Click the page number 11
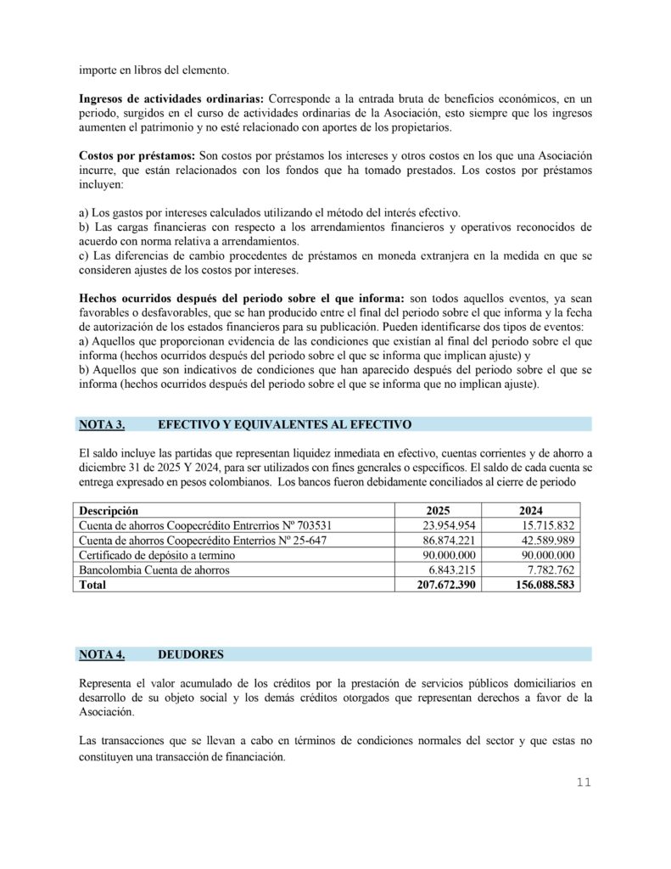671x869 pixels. click(x=583, y=782)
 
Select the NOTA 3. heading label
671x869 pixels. click(x=102, y=424)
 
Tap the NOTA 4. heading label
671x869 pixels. click(x=102, y=654)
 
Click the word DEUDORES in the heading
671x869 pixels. click(x=191, y=654)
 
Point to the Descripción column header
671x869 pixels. click(x=109, y=511)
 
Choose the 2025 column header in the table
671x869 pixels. click(x=439, y=511)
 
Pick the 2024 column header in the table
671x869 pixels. click(x=532, y=511)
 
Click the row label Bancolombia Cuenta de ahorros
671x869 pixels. click(x=154, y=570)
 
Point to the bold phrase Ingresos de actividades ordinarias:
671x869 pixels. click(x=171, y=99)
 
